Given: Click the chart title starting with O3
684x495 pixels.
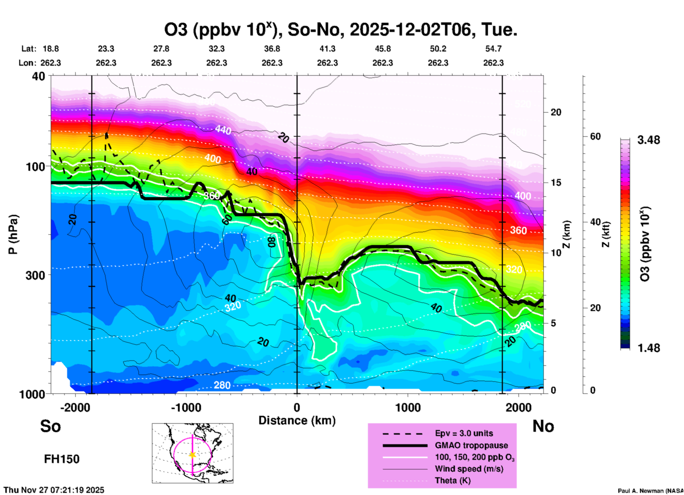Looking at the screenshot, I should coord(340,29).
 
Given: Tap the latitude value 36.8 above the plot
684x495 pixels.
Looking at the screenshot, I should coord(272,49).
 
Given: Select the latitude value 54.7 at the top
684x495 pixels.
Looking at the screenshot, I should coord(493,49).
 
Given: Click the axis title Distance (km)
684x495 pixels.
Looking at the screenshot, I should coord(297,420).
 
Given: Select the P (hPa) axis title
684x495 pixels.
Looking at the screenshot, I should coord(13,234).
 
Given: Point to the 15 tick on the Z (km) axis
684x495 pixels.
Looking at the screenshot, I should coord(556,183).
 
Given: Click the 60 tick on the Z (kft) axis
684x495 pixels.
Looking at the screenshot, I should coord(595,136).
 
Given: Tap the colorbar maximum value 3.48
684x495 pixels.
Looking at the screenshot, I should coord(648,140).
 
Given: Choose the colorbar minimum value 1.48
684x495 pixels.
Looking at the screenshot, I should coord(648,348).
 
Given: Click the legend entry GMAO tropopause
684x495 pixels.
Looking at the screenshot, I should coord(471,445).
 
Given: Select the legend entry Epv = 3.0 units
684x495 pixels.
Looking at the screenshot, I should coord(464,433).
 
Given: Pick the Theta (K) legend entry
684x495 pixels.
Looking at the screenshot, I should coord(452,480).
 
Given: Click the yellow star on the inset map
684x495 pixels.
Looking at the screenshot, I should coord(192,455).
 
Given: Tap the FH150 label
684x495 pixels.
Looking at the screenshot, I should coord(61,459).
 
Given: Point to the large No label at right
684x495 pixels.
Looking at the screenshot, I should coord(543,426).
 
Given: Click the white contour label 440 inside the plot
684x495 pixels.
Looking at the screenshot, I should coord(223,130).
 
